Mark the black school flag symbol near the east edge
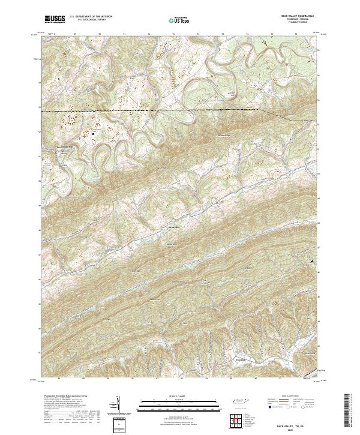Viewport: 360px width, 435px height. pyautogui.click(x=312, y=262)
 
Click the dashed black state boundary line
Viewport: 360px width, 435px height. pyautogui.click(x=150, y=111)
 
